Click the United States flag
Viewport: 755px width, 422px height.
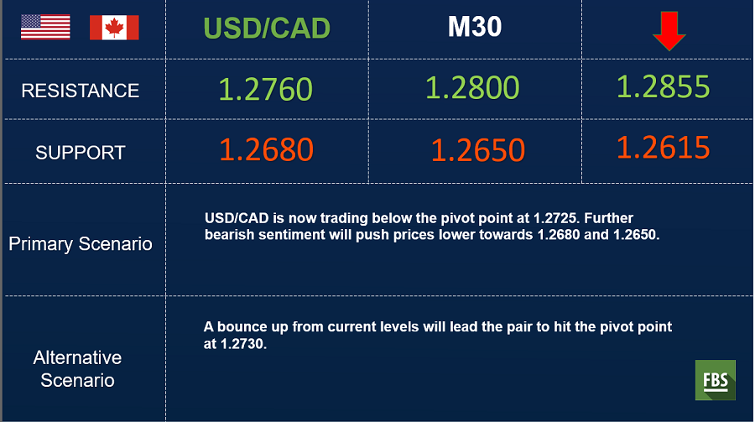coord(45,27)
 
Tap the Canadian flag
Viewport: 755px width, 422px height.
coord(114,27)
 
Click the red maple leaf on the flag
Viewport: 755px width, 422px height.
coord(114,28)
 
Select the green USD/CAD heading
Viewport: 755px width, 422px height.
coord(267,28)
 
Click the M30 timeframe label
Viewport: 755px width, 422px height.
coord(475,27)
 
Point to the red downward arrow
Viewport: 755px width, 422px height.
coord(669,31)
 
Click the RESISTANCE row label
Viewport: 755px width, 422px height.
coord(81,91)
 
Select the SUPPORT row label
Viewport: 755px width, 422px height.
coord(81,153)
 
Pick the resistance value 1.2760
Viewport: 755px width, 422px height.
coord(265,89)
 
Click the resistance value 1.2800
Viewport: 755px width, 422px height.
coord(472,88)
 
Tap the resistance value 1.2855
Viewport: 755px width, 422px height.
coord(663,86)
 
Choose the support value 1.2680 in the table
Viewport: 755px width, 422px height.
coord(266,149)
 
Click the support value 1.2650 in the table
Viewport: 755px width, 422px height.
coord(477,150)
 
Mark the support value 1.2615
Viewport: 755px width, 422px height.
coord(663,148)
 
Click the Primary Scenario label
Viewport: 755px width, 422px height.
coord(81,244)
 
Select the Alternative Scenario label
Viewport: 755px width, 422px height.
coord(77,369)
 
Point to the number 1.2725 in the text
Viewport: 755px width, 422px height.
coord(555,218)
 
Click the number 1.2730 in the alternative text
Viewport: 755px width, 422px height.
coord(242,344)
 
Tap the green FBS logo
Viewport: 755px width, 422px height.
coord(715,380)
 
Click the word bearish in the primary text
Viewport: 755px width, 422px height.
coord(230,235)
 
